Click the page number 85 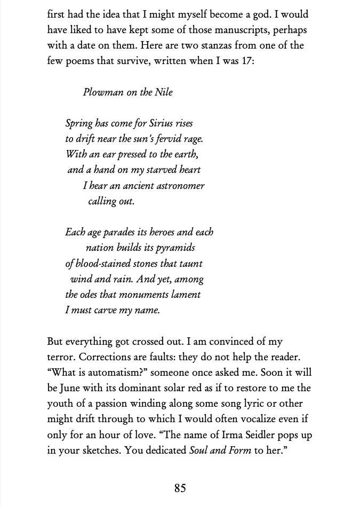tap(180, 488)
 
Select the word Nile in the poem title tap(164, 92)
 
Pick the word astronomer tap(179, 186)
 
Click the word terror tap(60, 357)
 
